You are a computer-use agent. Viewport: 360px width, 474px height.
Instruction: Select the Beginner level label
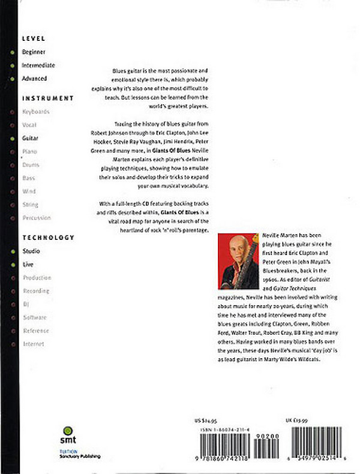pos(33,52)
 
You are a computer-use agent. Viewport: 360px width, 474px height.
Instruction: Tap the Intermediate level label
pos(38,65)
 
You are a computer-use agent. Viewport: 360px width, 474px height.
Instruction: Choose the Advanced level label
pos(34,79)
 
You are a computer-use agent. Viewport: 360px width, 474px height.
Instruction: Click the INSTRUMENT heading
pos(47,98)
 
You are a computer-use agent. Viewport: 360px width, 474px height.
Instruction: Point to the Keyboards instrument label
pos(35,112)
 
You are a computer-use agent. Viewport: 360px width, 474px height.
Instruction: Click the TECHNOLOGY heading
pos(48,238)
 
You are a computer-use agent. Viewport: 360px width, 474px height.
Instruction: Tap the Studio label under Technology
pos(31,251)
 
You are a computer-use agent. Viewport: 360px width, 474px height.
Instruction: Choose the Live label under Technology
pos(28,264)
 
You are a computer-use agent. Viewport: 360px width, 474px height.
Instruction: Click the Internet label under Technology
pos(33,344)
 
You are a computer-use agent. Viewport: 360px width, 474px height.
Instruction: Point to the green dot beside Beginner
pos(12,52)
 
